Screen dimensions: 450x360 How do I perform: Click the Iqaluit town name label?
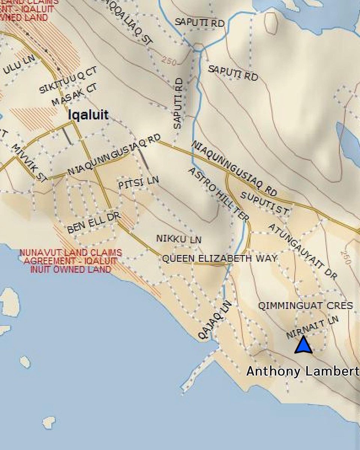[88, 115]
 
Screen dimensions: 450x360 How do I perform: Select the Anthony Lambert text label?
[302, 371]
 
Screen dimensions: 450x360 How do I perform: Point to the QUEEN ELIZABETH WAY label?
[220, 258]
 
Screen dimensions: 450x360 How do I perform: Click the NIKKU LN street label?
[179, 239]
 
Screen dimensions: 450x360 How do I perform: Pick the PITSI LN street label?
[138, 183]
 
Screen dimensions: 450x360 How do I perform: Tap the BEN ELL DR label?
[93, 224]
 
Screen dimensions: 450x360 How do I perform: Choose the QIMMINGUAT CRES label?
[305, 306]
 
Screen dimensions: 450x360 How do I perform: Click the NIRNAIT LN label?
[312, 327]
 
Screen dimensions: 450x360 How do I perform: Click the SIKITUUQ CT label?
[68, 80]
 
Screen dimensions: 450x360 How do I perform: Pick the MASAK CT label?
[74, 94]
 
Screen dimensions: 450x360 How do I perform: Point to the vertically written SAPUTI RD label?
[178, 103]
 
